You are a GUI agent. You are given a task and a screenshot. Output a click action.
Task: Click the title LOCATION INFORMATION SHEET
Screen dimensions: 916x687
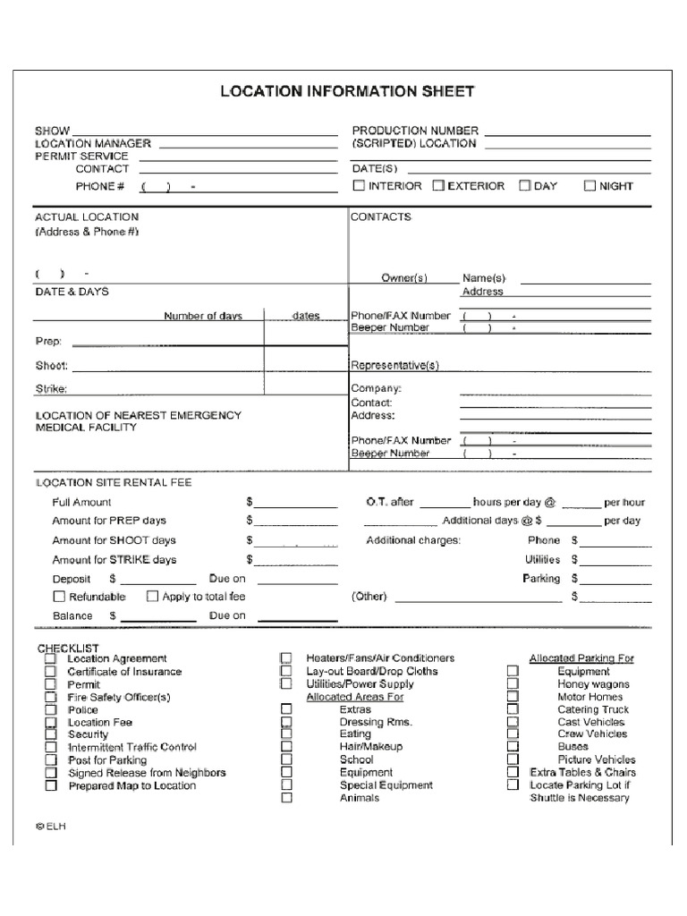(348, 91)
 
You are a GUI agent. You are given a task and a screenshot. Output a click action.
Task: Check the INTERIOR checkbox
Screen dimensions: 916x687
(359, 186)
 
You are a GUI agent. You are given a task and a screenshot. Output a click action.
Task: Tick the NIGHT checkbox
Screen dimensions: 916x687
(589, 186)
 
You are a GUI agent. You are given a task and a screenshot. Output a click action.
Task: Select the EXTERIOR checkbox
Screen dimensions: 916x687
(438, 186)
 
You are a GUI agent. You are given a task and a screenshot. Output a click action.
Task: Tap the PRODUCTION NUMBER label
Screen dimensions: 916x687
(415, 131)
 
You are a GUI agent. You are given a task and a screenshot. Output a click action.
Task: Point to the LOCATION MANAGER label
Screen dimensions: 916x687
(93, 143)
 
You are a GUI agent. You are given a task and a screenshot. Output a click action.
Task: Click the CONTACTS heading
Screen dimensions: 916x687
(381, 216)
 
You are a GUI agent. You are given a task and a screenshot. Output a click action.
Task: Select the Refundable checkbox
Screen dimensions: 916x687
(59, 596)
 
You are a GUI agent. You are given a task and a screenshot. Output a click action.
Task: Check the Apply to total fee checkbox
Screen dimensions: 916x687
(152, 596)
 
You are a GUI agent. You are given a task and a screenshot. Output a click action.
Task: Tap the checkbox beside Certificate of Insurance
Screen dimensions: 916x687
(51, 672)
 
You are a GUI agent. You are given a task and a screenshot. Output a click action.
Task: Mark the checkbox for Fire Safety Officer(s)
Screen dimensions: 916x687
(51, 697)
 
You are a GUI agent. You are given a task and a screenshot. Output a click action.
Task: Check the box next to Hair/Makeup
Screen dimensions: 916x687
(286, 746)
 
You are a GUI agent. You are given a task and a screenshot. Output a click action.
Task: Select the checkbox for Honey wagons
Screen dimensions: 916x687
(513, 683)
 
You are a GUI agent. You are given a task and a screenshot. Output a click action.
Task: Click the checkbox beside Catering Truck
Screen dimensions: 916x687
(513, 709)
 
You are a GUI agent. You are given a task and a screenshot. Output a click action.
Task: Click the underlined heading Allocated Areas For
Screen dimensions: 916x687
(354, 697)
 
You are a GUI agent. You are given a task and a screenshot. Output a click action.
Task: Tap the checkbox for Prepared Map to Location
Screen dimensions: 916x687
(51, 785)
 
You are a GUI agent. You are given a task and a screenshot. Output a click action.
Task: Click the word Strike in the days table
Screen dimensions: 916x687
(51, 388)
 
